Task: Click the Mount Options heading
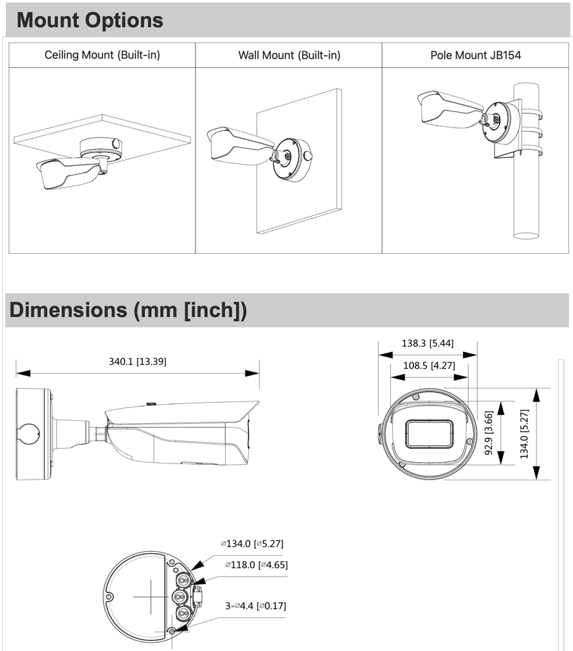90,20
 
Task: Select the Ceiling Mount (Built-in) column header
102,55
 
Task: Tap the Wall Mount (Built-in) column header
289,55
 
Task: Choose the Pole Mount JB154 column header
475,55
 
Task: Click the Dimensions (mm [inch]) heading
127,310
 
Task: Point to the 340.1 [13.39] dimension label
138,362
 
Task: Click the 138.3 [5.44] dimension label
427,343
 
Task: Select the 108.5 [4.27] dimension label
427,366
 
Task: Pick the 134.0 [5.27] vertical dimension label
524,434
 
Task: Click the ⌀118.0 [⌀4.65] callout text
256,565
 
